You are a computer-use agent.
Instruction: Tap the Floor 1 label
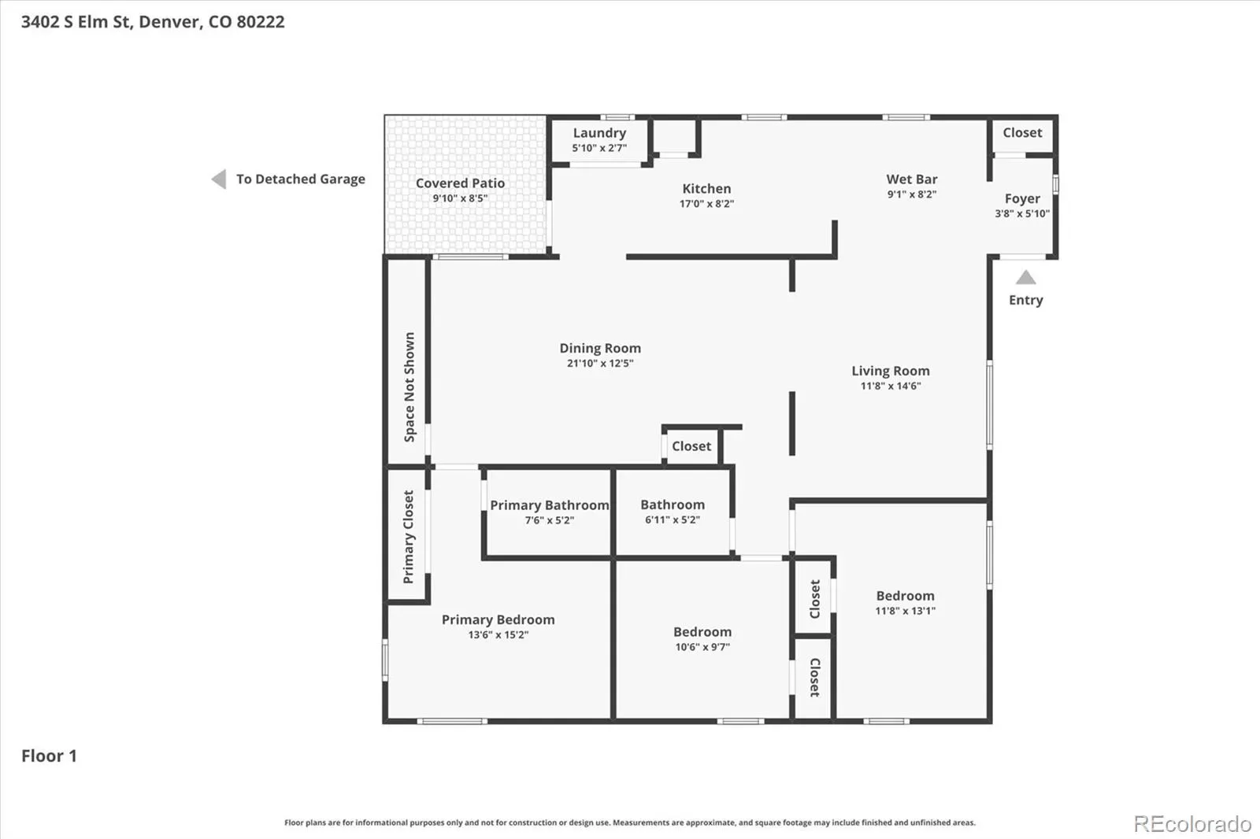[49, 756]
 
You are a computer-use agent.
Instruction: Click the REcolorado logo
[1192, 824]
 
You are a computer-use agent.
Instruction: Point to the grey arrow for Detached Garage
[219, 179]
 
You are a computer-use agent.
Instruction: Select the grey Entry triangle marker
[1025, 277]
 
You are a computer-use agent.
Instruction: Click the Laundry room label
[599, 133]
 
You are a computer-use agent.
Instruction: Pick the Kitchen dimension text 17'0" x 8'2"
[706, 204]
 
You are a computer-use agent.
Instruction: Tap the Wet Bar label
[912, 179]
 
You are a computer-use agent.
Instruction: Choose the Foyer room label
[1022, 199]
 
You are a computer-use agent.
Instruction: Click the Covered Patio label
[460, 183]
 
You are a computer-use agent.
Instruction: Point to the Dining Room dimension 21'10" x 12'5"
[600, 364]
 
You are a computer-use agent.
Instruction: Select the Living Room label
[891, 371]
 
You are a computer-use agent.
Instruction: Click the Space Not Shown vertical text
[409, 387]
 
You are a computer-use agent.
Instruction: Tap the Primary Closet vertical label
[409, 537]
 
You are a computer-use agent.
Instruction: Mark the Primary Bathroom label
[550, 505]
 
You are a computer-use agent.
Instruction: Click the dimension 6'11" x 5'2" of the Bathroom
[673, 519]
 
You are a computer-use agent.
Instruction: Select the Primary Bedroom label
[498, 619]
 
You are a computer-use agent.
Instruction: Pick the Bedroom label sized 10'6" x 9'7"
[702, 632]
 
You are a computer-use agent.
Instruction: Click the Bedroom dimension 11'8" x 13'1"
[905, 611]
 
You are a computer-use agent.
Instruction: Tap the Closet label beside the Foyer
[1022, 133]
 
